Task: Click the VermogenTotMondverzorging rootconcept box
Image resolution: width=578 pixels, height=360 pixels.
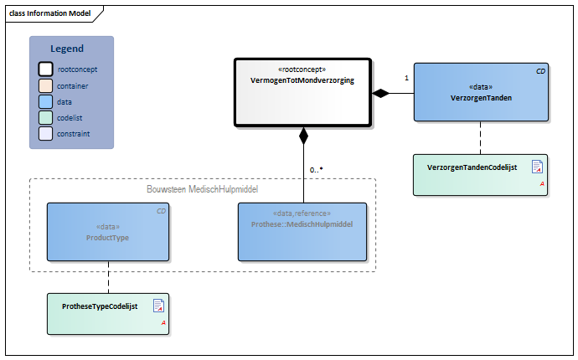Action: (302, 93)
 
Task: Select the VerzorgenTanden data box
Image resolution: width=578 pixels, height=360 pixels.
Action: (481, 92)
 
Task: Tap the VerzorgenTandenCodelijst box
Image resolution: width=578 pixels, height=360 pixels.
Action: (480, 174)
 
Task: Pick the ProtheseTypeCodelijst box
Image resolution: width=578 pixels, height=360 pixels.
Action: (108, 314)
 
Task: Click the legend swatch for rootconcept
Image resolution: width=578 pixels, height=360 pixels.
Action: (44, 69)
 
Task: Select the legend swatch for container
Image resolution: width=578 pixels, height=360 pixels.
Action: (44, 85)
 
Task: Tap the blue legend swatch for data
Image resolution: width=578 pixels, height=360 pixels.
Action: (44, 101)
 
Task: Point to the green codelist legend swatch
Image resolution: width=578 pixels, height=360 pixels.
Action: (44, 117)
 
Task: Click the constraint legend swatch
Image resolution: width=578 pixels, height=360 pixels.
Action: (44, 133)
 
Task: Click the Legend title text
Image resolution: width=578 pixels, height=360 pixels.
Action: (67, 49)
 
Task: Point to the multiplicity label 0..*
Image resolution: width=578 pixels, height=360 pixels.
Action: (316, 170)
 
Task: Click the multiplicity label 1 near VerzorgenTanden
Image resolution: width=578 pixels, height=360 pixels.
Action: (406, 78)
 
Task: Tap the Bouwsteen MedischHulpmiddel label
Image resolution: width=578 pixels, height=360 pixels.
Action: (202, 189)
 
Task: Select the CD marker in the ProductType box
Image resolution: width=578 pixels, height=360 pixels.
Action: (162, 212)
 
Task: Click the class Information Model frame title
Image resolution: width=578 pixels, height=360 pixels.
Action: (49, 13)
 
